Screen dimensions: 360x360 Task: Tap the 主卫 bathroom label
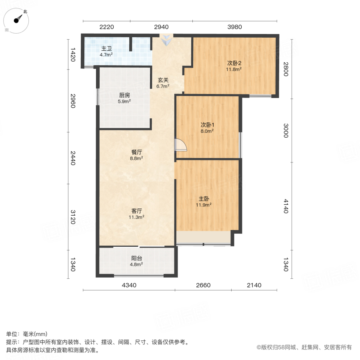tap(106, 49)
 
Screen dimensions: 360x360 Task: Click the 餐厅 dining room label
tap(137, 152)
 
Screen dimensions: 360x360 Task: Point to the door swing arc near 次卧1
tap(181, 144)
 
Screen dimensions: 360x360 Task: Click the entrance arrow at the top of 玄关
tap(166, 40)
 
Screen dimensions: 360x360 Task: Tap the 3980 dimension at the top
tap(235, 27)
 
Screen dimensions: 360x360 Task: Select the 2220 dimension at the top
tap(107, 27)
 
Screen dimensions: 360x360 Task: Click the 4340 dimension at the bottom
tap(129, 285)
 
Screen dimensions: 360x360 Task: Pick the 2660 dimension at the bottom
tap(203, 285)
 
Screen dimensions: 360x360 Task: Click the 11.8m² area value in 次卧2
tap(234, 69)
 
